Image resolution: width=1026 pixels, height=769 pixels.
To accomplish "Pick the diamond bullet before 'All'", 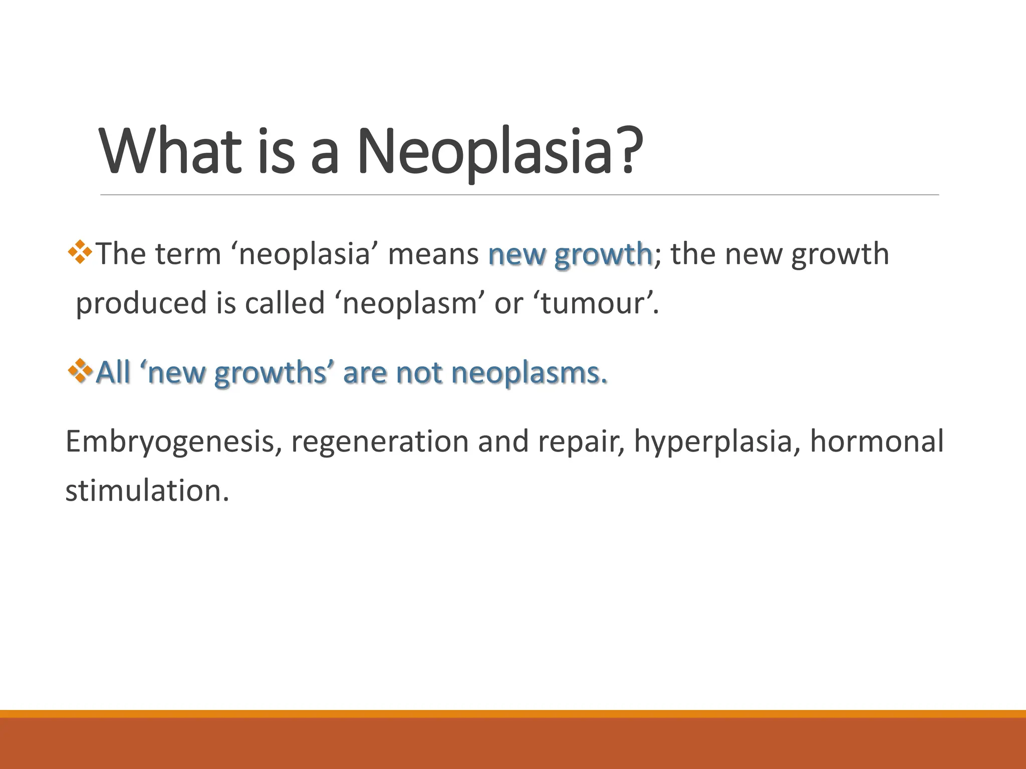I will (80, 371).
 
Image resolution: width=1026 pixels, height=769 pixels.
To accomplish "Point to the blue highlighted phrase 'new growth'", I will (570, 254).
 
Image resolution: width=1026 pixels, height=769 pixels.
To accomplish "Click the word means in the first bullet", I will (433, 254).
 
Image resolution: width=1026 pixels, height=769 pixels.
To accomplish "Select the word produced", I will (141, 304).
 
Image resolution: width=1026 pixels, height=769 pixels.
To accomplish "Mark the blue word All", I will (113, 373).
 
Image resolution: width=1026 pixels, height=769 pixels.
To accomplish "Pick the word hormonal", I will (877, 442).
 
